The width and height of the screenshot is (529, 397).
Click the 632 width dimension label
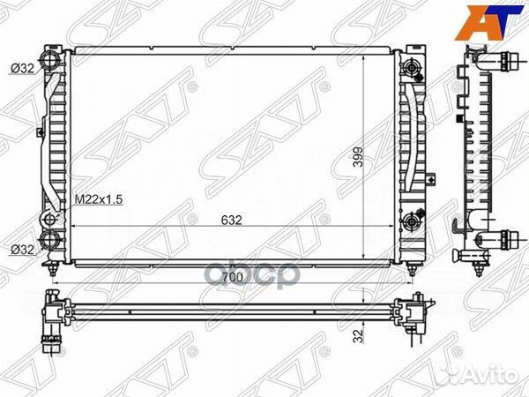pos(232,220)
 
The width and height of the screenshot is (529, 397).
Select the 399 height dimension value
pos(358,156)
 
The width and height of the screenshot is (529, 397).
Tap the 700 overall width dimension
pos(232,277)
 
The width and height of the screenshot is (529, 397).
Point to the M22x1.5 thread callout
pos(98,199)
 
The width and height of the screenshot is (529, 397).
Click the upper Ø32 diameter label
pos(23,69)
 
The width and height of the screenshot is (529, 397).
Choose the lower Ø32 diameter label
pos(23,250)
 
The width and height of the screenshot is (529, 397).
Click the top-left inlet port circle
pos(50,61)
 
